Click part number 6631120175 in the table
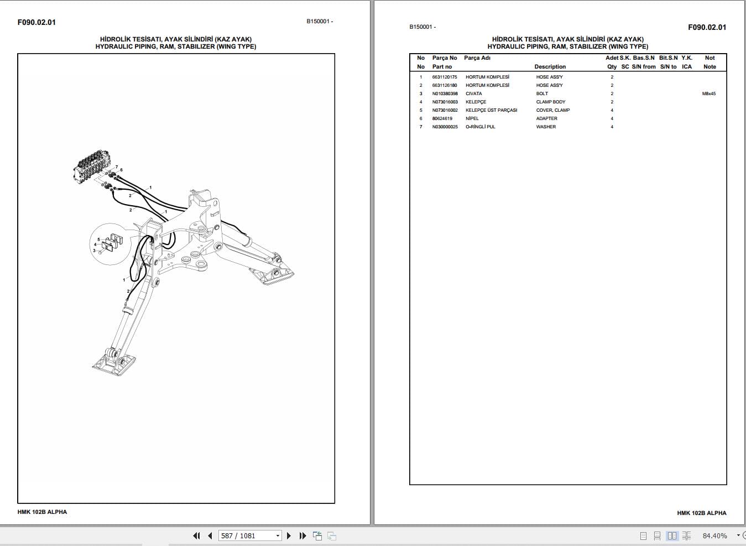point(445,77)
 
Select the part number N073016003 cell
point(445,102)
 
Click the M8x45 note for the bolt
point(708,93)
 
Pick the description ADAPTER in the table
point(546,118)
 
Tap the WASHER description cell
point(546,127)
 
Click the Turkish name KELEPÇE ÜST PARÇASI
point(491,110)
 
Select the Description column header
point(550,66)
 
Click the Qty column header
point(612,66)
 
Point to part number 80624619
point(442,118)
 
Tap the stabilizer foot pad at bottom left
point(114,363)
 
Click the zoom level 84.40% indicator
point(714,535)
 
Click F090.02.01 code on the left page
point(36,22)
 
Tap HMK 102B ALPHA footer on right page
point(701,513)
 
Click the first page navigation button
point(196,535)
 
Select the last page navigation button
point(302,535)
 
